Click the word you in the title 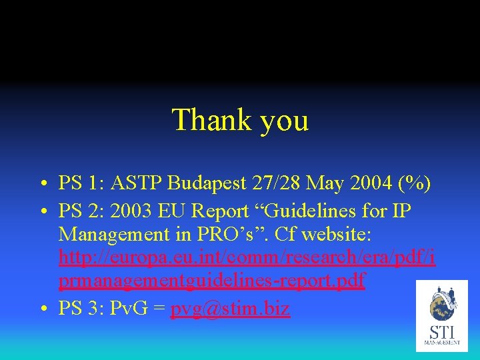click(x=284, y=122)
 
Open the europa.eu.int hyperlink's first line click(x=247, y=257)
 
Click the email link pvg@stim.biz click(x=230, y=309)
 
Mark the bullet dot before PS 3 click(x=42, y=310)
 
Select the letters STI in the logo click(x=442, y=331)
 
